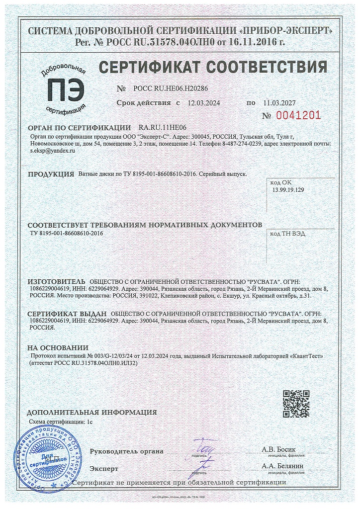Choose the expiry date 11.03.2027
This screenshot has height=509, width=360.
279,103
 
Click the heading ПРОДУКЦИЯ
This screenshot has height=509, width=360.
51,174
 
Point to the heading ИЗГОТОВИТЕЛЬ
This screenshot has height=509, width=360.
56,281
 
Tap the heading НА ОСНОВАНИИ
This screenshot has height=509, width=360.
58,348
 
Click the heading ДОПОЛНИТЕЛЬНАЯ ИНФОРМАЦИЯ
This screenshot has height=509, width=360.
91,412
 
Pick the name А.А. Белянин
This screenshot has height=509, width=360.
282,466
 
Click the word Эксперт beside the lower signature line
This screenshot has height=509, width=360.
104,468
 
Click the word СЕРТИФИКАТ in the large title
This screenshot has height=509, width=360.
150,67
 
